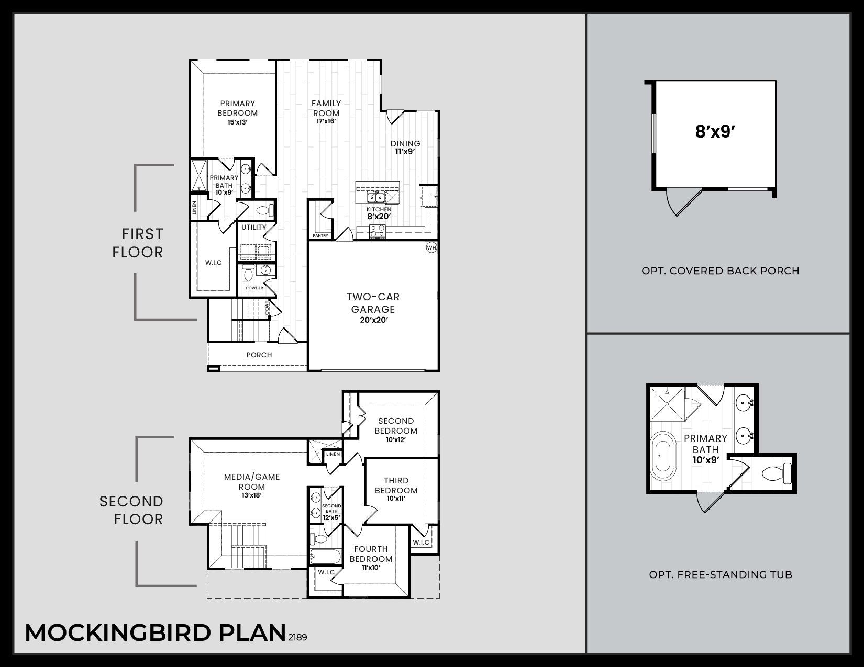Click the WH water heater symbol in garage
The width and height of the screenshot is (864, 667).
[431, 247]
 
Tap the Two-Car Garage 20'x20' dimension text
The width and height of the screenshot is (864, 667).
[373, 320]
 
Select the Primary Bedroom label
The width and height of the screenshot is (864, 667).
[238, 108]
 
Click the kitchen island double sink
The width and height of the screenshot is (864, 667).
[375, 197]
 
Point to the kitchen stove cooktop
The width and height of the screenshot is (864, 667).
[378, 230]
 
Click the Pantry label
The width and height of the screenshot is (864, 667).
[320, 236]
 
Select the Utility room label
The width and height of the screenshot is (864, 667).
[254, 227]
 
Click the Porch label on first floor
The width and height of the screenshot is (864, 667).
[259, 355]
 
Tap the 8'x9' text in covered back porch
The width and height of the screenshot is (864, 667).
[716, 132]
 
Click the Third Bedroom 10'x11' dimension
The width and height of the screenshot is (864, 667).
[396, 499]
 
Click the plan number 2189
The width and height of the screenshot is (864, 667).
[297, 637]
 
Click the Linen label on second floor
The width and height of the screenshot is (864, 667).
[333, 454]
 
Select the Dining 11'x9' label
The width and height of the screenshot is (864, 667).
[405, 148]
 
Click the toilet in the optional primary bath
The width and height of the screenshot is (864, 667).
[777, 474]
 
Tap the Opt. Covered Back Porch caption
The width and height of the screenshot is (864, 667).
[720, 271]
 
